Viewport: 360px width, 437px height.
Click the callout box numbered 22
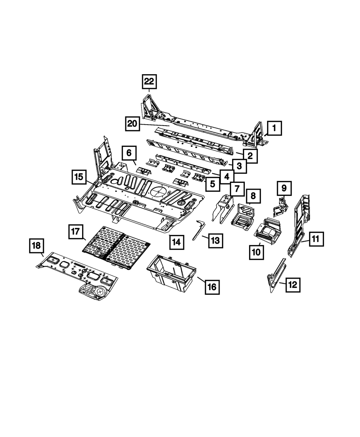(149, 82)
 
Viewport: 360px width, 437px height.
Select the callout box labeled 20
(132, 124)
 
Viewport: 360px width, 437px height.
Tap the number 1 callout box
(274, 127)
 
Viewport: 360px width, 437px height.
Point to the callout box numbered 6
(129, 153)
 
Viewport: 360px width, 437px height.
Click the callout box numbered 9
(284, 188)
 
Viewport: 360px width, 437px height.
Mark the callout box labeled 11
(316, 239)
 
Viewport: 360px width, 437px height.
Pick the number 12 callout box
(292, 285)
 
